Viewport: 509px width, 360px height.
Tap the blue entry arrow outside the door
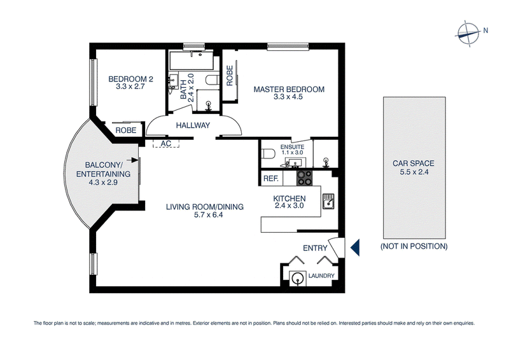(355, 247)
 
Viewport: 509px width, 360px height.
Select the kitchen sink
(328, 201)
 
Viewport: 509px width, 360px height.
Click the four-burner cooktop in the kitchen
(305, 178)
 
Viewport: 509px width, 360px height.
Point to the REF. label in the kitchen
(271, 179)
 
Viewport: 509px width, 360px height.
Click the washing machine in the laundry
(297, 278)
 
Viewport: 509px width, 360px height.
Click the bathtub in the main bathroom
(192, 60)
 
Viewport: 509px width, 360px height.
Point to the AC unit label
(166, 144)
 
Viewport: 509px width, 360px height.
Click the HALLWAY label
(193, 125)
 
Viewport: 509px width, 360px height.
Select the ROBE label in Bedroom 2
(126, 130)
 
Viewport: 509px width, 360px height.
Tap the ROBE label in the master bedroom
(230, 76)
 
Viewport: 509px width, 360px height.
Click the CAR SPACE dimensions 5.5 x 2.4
(414, 172)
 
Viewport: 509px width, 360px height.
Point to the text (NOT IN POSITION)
(414, 246)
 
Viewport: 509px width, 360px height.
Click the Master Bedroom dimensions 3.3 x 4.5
(288, 97)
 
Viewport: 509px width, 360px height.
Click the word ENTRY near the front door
(315, 248)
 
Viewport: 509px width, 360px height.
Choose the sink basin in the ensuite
(295, 162)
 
